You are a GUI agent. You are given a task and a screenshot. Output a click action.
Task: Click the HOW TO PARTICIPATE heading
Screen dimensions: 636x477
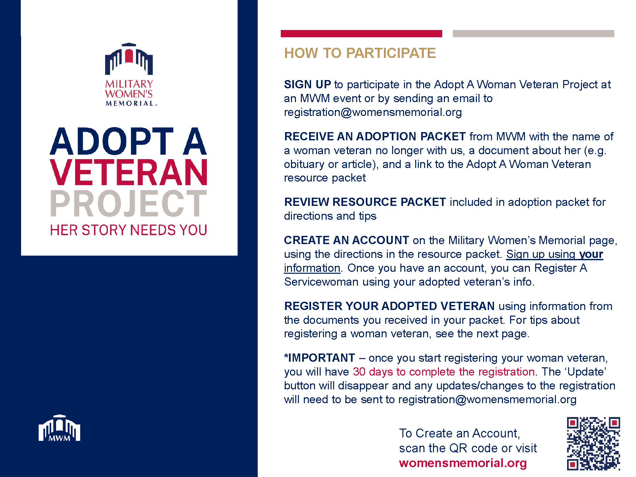click(360, 53)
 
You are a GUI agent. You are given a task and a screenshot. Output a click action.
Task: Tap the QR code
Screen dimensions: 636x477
click(593, 443)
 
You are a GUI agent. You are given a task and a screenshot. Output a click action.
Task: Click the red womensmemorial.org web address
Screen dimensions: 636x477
click(463, 463)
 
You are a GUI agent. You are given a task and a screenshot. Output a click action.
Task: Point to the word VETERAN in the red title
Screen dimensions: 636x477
click(129, 172)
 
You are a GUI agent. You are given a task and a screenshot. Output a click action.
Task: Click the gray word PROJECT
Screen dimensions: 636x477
click(129, 203)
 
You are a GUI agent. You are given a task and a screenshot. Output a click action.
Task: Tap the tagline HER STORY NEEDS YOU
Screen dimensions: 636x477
click(129, 230)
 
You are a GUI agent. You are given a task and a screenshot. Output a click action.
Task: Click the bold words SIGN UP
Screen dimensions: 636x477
click(307, 84)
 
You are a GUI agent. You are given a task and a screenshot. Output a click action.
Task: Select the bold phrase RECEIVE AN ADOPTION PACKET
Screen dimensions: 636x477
click(375, 136)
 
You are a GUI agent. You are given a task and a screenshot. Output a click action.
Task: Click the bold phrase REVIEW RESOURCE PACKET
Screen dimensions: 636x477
click(365, 202)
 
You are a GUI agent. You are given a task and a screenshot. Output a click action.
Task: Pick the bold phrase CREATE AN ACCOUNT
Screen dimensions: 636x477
click(347, 240)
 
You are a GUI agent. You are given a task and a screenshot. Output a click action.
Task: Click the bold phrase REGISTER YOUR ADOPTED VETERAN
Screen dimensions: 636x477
click(389, 306)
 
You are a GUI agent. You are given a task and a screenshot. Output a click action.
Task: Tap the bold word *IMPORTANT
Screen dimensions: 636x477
click(320, 358)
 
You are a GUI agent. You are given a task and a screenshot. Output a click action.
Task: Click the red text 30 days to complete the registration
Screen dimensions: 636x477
click(444, 372)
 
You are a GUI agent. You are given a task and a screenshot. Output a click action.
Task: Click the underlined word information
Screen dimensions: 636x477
click(312, 268)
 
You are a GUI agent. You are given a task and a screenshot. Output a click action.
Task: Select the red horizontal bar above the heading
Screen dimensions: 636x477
click(361, 34)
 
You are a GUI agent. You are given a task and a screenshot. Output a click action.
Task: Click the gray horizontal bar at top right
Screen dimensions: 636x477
click(533, 34)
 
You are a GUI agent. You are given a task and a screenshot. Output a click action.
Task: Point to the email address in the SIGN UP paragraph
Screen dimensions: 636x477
click(373, 112)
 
